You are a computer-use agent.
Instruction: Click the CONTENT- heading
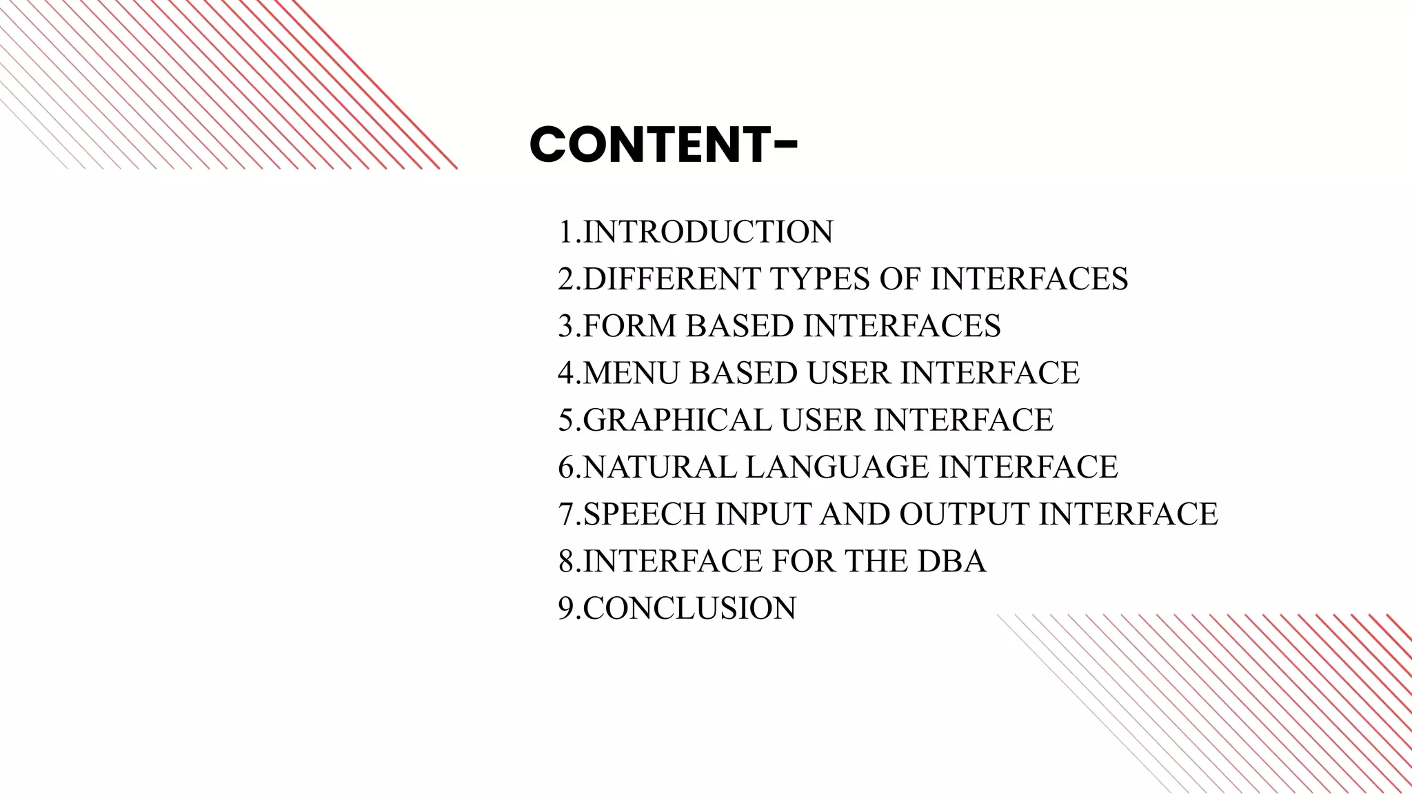point(663,145)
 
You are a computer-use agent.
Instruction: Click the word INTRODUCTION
point(708,232)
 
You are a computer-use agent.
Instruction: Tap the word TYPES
point(818,278)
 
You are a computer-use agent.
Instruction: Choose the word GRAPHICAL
point(676,420)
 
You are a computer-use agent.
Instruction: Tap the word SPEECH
point(644,514)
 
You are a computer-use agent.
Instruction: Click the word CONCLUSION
point(689,608)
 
